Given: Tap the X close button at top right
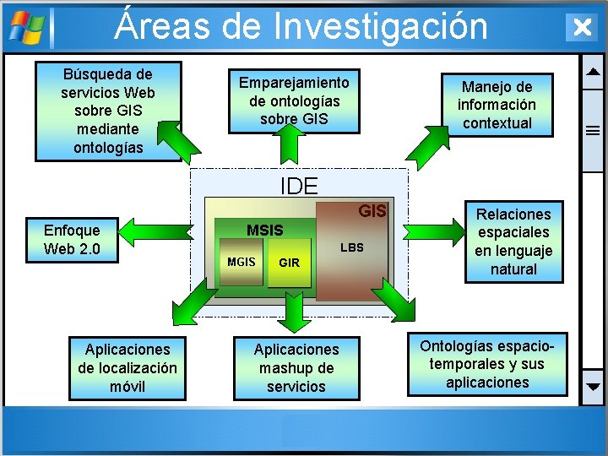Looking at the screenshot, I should point(581,27).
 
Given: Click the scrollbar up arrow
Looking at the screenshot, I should point(593,71).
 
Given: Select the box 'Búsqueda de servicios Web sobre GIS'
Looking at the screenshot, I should point(108,111).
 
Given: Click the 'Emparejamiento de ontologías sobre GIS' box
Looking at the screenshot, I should point(294,100).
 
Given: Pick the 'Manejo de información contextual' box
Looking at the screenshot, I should point(497,105).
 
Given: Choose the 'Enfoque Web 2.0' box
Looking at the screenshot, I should point(72,240).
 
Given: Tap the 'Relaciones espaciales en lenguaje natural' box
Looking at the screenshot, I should point(513,242).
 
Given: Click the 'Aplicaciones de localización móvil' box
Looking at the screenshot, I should point(128,368).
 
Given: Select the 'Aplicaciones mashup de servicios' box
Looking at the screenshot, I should point(296,368).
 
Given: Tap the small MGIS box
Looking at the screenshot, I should point(241,263).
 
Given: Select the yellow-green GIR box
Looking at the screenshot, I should point(289,263).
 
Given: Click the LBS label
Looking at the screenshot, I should point(351,248).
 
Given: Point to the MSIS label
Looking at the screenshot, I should point(264,231).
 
